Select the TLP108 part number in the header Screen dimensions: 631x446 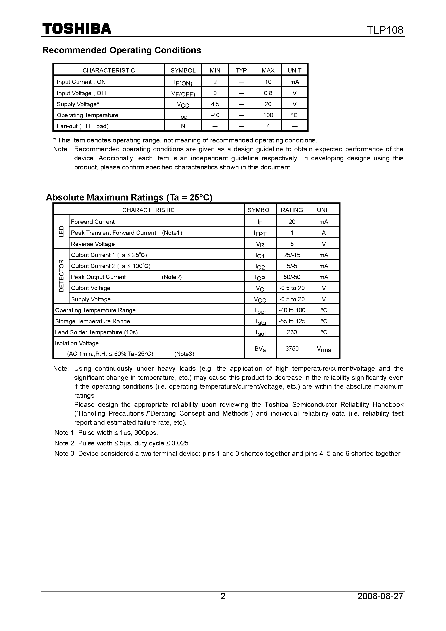pyautogui.click(x=385, y=30)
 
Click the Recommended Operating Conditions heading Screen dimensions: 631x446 pyautogui.click(x=122, y=50)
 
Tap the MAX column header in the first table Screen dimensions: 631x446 pyautogui.click(x=268, y=70)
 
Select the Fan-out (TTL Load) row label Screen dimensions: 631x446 pyautogui.click(x=82, y=126)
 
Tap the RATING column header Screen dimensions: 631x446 pyautogui.click(x=292, y=210)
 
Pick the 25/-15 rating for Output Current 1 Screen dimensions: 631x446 pyautogui.click(x=292, y=255)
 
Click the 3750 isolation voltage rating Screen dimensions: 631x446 pyautogui.click(x=292, y=349)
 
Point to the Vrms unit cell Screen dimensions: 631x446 pyautogui.click(x=324, y=349)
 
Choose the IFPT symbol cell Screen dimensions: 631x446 pyautogui.click(x=260, y=233)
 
